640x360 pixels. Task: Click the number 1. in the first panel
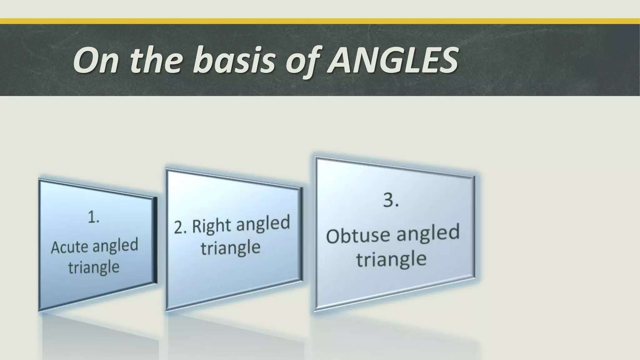(93, 217)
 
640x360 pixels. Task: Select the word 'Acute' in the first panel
(69, 247)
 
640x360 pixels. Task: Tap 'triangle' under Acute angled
(94, 267)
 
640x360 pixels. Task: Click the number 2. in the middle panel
(180, 227)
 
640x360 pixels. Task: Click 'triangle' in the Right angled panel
(230, 248)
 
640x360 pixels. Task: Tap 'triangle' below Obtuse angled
(391, 259)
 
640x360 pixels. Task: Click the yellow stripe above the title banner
(320, 21)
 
